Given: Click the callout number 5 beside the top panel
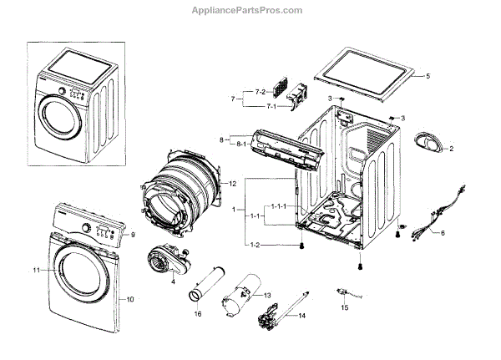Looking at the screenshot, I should (x=427, y=76).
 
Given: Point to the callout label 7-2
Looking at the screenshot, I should (x=236, y=91).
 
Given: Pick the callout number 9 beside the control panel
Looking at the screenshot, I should (x=132, y=235).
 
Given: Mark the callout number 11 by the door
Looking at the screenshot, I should (x=37, y=271).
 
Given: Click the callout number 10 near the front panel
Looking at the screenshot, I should (x=129, y=298).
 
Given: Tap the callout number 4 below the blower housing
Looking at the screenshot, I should (x=173, y=281).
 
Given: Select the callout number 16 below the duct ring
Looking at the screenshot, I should (x=197, y=313).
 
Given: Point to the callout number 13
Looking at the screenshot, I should (x=267, y=296).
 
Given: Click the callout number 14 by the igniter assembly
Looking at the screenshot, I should (x=302, y=316).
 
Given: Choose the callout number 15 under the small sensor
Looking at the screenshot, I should (x=344, y=307).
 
